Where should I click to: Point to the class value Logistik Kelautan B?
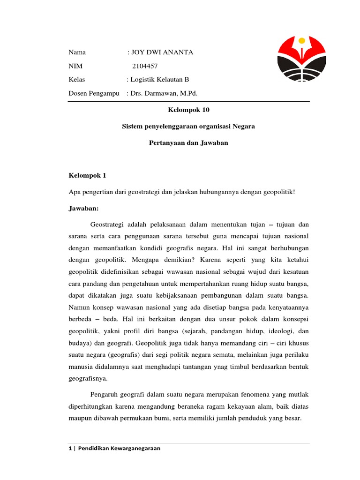(159, 80)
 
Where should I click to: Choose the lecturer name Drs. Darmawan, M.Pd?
(164, 93)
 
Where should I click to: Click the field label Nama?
(77, 52)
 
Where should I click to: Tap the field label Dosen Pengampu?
(94, 93)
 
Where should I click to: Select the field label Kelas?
(77, 80)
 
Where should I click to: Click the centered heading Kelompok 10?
(189, 110)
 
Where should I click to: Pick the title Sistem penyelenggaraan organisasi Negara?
(188, 127)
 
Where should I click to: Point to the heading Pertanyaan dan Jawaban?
(188, 142)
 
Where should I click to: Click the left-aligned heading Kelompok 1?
(88, 175)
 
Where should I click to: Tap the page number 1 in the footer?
(70, 448)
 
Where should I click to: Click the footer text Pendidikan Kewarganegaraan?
(119, 448)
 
